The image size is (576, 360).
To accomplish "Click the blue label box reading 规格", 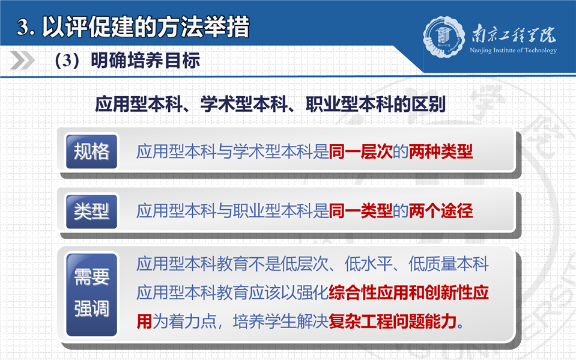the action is [x=91, y=151].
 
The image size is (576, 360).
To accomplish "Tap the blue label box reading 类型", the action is [x=91, y=212].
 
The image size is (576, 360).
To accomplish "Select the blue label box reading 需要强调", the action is [x=91, y=294].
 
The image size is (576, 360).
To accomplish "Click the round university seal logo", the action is [x=444, y=37].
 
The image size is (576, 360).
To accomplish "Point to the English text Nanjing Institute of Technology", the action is [x=513, y=50].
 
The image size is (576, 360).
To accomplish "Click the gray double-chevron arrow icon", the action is [x=23, y=60].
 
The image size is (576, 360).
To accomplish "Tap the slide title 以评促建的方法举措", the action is [x=146, y=27].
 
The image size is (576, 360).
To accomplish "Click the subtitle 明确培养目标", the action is [x=145, y=61].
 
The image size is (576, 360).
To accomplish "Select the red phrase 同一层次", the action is [x=360, y=151].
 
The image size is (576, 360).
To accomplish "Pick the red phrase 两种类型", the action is [x=440, y=151].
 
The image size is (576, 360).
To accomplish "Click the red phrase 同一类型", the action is [x=360, y=211].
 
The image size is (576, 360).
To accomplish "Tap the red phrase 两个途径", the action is [x=440, y=211].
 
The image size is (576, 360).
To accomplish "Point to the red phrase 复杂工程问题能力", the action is [x=393, y=322].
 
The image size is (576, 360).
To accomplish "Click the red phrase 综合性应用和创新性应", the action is [x=408, y=293].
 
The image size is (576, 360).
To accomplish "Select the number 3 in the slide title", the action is [x=22, y=28].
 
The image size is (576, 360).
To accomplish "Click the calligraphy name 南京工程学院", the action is [x=514, y=34].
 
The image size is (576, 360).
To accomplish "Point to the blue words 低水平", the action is [x=368, y=264].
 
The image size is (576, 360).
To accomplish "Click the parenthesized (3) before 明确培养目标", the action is [x=67, y=61].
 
